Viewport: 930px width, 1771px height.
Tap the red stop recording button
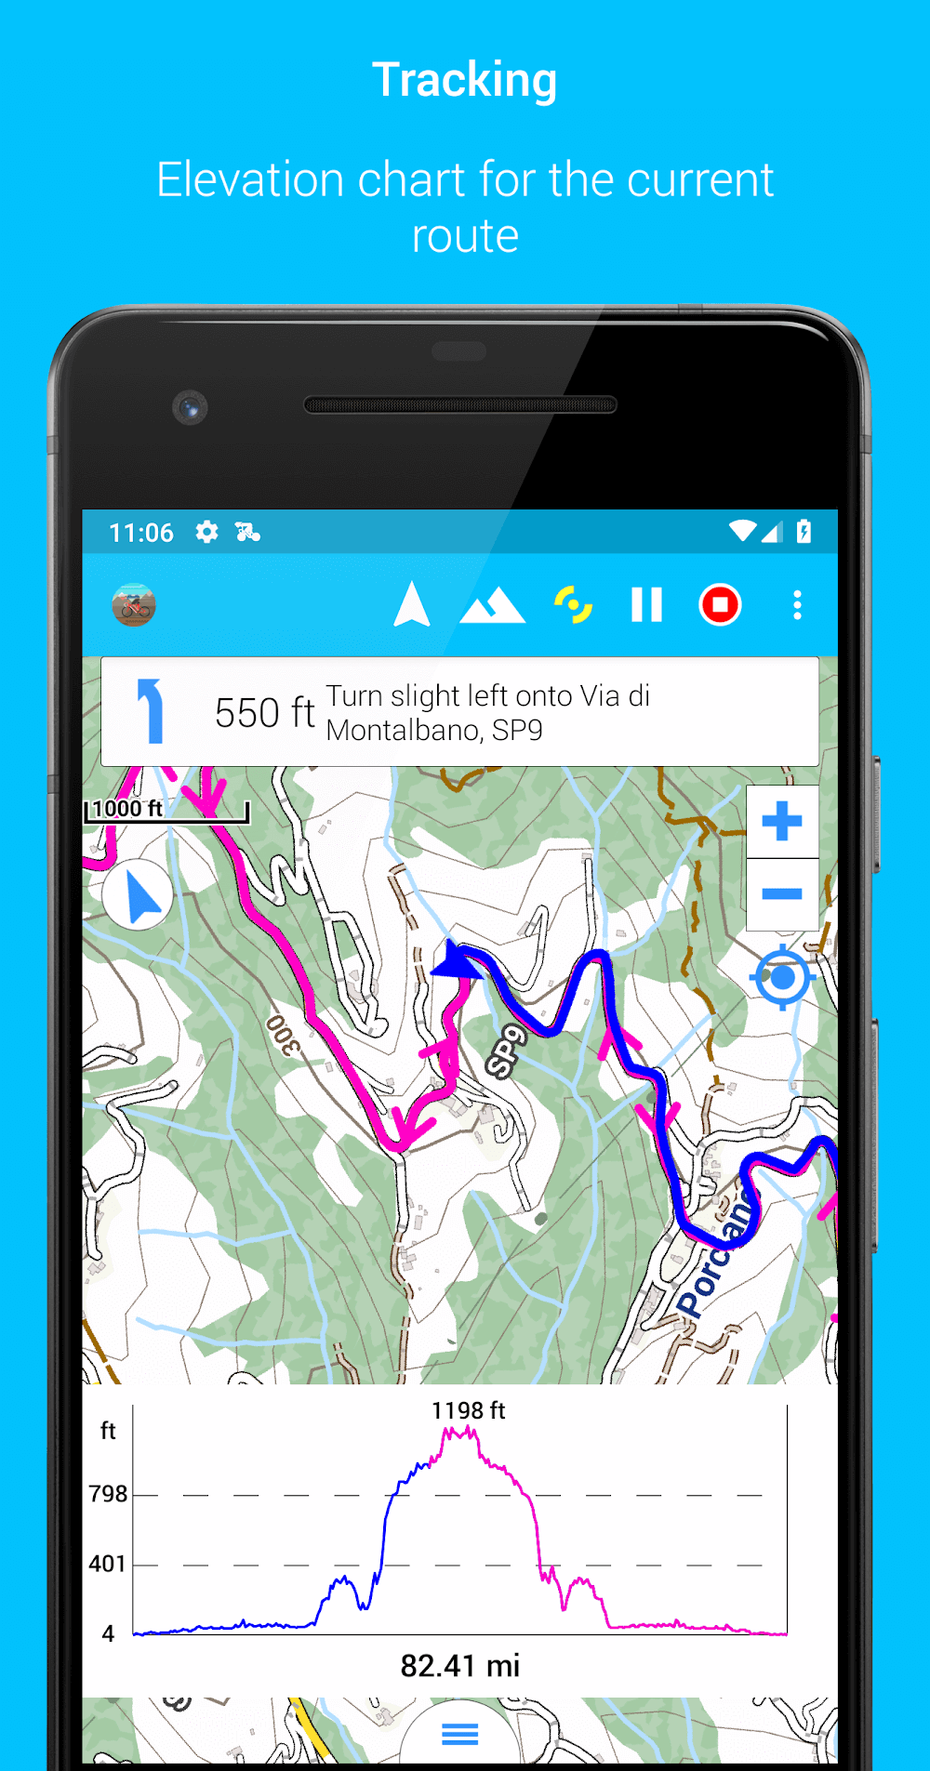[x=720, y=605]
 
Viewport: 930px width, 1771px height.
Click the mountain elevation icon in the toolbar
[x=492, y=605]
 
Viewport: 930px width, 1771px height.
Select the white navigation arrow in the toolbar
[x=411, y=604]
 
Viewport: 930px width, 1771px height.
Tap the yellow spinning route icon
[x=573, y=604]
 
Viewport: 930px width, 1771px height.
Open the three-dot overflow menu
[x=797, y=605]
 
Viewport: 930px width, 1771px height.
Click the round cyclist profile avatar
[x=134, y=606]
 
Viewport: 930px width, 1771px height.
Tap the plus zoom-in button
[x=781, y=822]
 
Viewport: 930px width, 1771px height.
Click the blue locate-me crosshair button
[x=782, y=977]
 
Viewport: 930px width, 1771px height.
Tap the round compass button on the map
[x=139, y=896]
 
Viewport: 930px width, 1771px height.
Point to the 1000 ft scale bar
[x=167, y=811]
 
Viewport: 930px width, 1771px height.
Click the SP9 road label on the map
[x=507, y=1051]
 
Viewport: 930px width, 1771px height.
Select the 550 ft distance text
[x=264, y=713]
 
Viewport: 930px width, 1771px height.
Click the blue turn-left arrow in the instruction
[x=151, y=711]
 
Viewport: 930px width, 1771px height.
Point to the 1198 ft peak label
[x=468, y=1410]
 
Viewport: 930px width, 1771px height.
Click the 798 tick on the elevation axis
[x=108, y=1494]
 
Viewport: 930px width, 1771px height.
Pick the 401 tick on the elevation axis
[x=108, y=1564]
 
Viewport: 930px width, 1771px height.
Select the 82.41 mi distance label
[x=460, y=1665]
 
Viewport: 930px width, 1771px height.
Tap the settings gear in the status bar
[x=206, y=532]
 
